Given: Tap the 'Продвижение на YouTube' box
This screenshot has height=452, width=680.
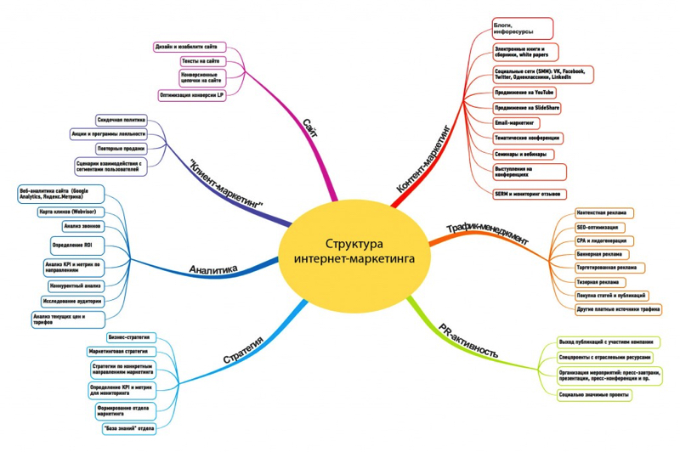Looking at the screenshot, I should (x=525, y=92).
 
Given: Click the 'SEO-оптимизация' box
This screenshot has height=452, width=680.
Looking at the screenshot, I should (x=598, y=227).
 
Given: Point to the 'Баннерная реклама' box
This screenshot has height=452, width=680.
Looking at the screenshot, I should (x=598, y=254).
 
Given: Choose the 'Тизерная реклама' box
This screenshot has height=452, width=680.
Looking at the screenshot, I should (x=598, y=281).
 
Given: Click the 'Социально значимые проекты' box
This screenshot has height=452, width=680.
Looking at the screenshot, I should (x=594, y=395).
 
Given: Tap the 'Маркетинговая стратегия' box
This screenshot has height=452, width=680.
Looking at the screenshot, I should (x=119, y=351).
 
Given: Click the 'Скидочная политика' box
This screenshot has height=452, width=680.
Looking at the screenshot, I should (x=121, y=121).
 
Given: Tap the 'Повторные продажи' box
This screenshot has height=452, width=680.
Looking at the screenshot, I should (x=121, y=149).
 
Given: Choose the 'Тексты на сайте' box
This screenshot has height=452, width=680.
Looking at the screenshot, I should (x=201, y=61).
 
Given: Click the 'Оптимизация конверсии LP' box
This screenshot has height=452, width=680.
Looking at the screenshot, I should (x=192, y=95).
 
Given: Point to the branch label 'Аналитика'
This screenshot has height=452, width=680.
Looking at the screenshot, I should (x=213, y=270).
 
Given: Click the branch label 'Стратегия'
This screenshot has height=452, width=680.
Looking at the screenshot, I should (x=242, y=350).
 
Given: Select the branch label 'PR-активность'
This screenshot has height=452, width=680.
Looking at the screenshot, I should (x=467, y=340).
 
